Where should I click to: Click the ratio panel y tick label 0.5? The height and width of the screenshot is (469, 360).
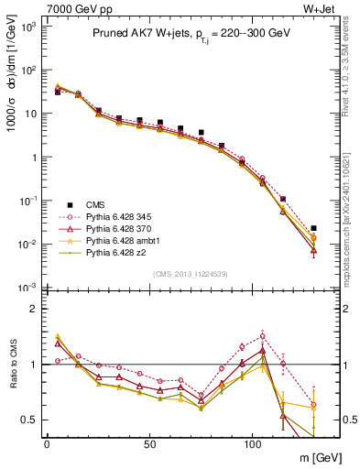coord(27,420)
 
